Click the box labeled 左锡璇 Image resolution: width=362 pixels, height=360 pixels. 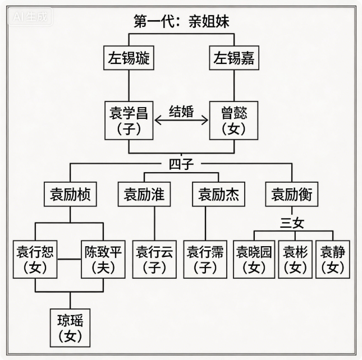pyautogui.click(x=129, y=58)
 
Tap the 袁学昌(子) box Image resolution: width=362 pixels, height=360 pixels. pyautogui.click(x=129, y=121)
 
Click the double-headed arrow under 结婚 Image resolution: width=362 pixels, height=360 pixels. pyautogui.click(x=181, y=120)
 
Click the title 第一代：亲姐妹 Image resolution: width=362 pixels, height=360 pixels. pyautogui.click(x=181, y=21)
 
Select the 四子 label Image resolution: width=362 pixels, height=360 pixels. pyautogui.click(x=181, y=164)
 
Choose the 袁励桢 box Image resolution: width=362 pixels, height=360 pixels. pyautogui.click(x=70, y=195)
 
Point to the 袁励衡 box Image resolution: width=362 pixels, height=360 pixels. pyautogui.click(x=291, y=195)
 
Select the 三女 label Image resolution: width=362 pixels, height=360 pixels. pyautogui.click(x=291, y=223)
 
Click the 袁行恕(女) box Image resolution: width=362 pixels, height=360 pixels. pyautogui.click(x=35, y=259)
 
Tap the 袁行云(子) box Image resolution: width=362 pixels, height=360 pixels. pyautogui.click(x=155, y=259)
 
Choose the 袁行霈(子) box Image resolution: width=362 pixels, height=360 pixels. pyautogui.click(x=205, y=259)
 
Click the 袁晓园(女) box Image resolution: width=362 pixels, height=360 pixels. pyautogui.click(x=253, y=259)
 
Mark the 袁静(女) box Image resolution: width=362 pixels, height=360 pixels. pyautogui.click(x=335, y=259)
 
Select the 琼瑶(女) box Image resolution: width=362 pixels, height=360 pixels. pyautogui.click(x=70, y=327)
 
